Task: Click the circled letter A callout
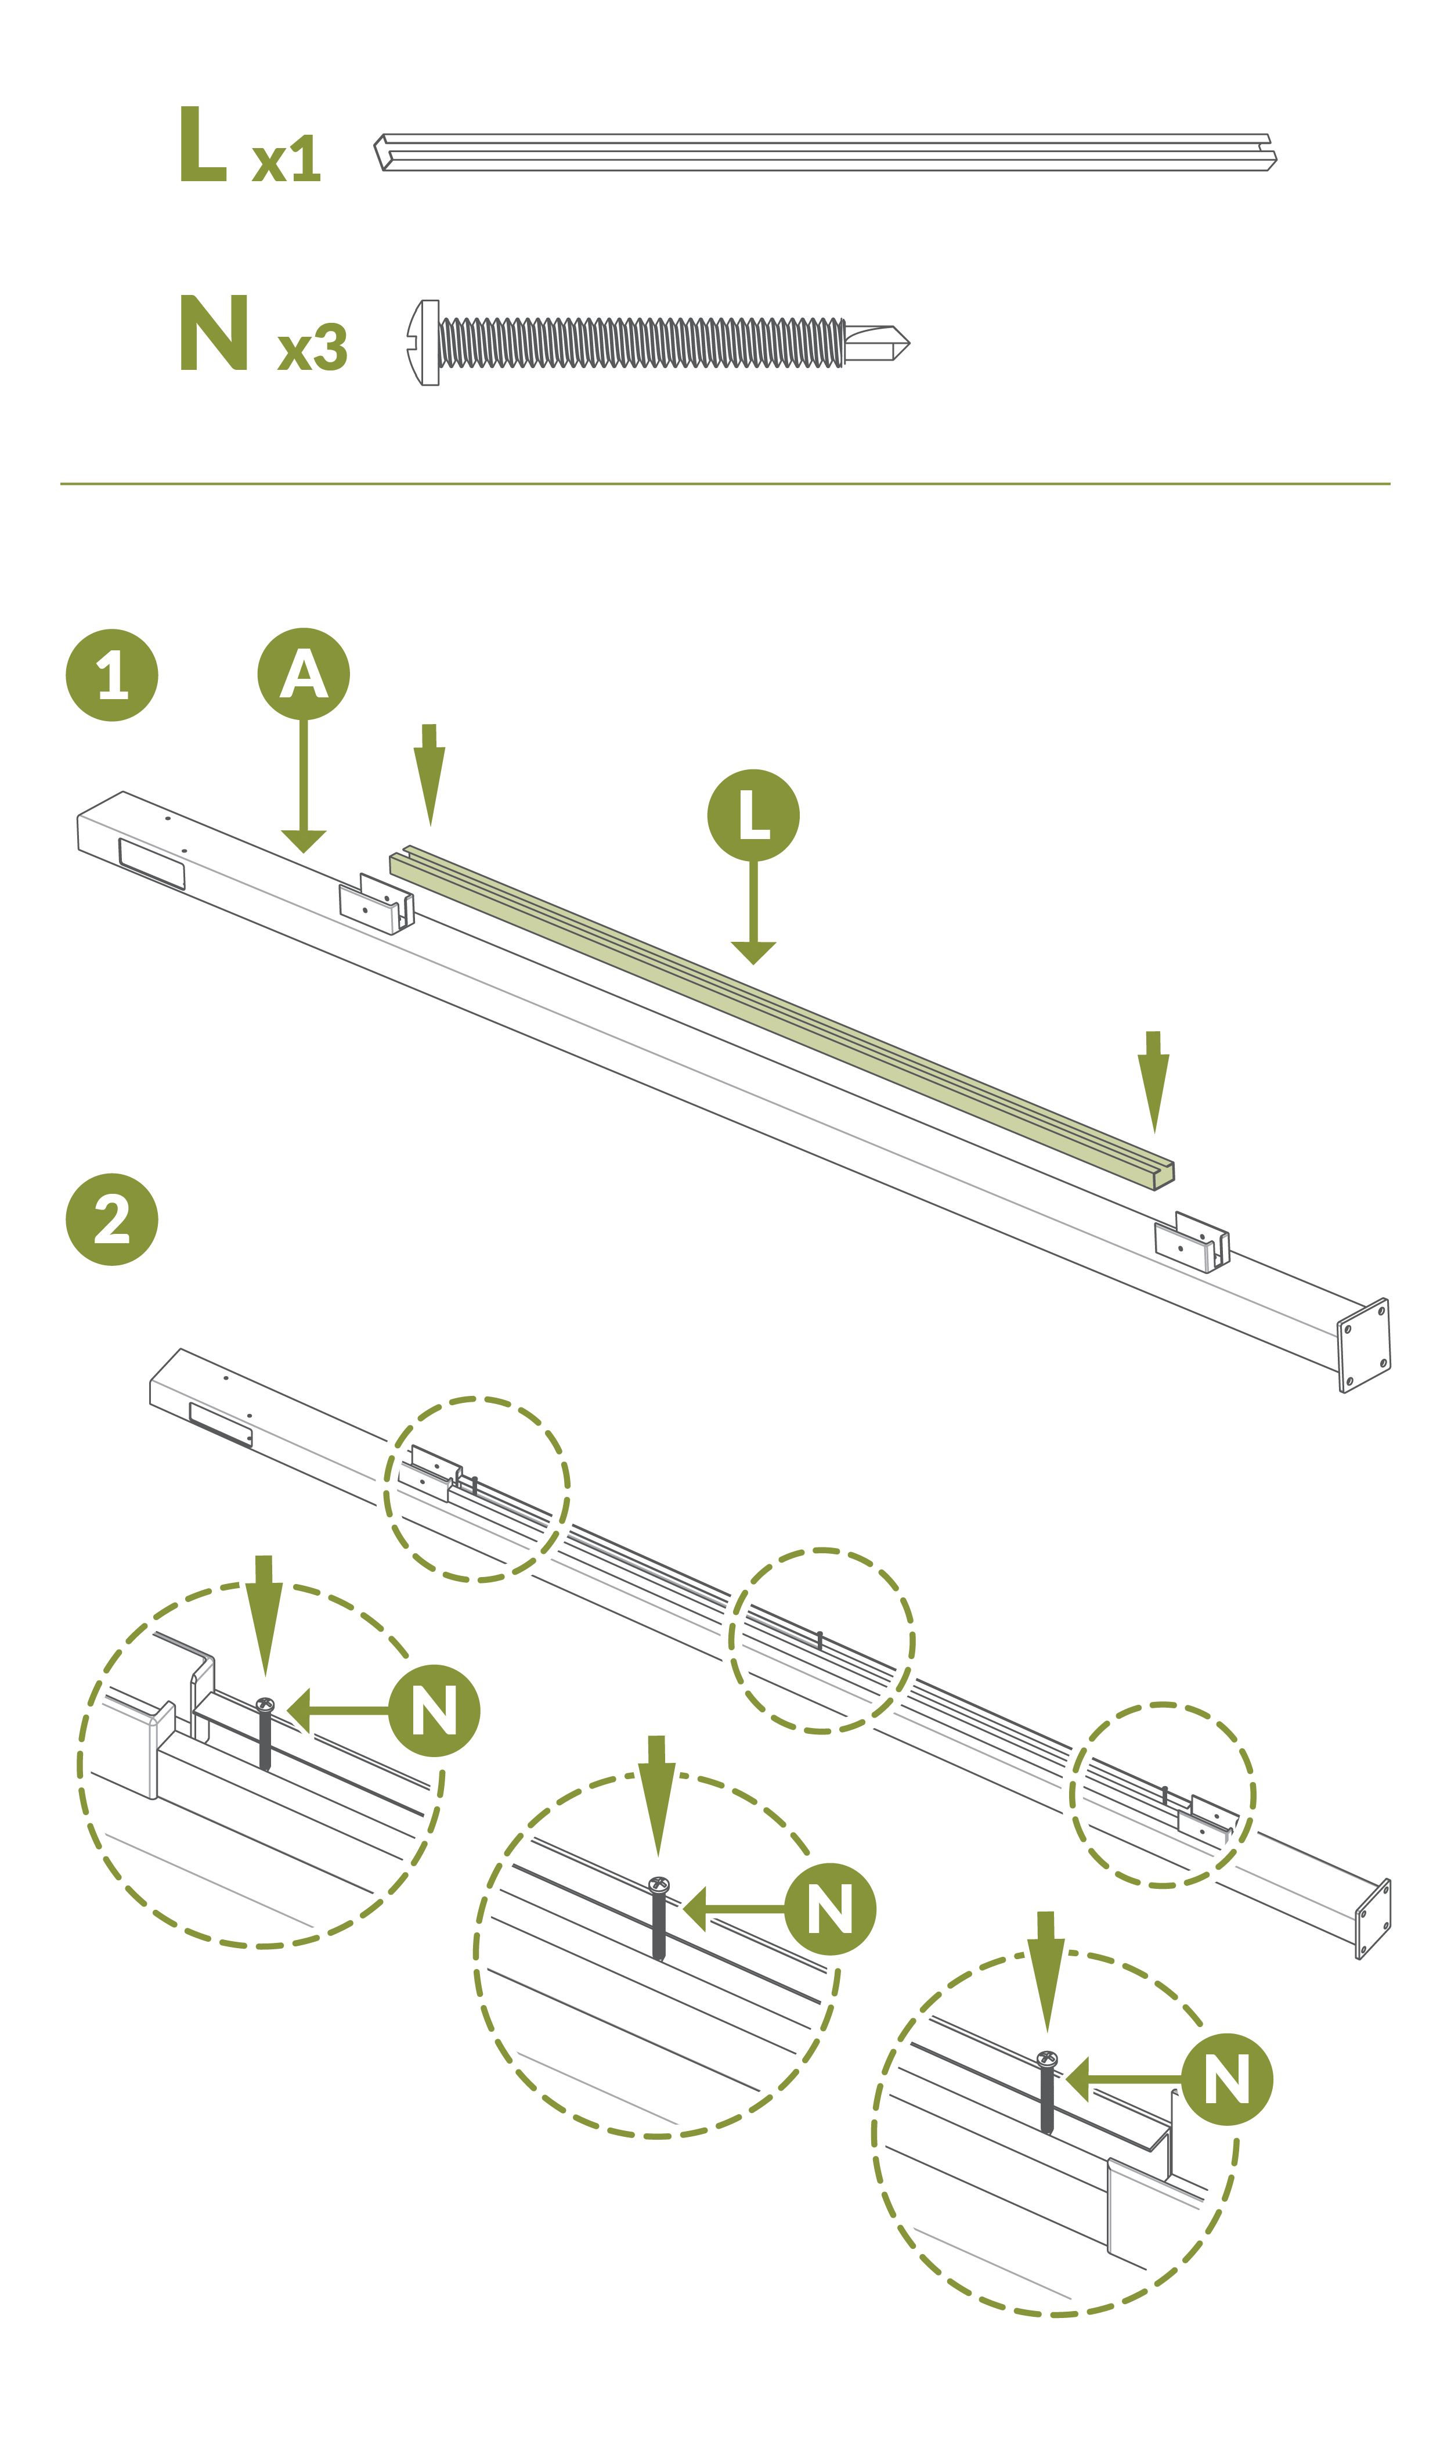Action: [x=303, y=674]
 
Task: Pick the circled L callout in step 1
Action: [x=753, y=815]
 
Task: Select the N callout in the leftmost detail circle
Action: [x=434, y=1711]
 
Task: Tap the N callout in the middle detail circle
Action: [x=830, y=1909]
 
